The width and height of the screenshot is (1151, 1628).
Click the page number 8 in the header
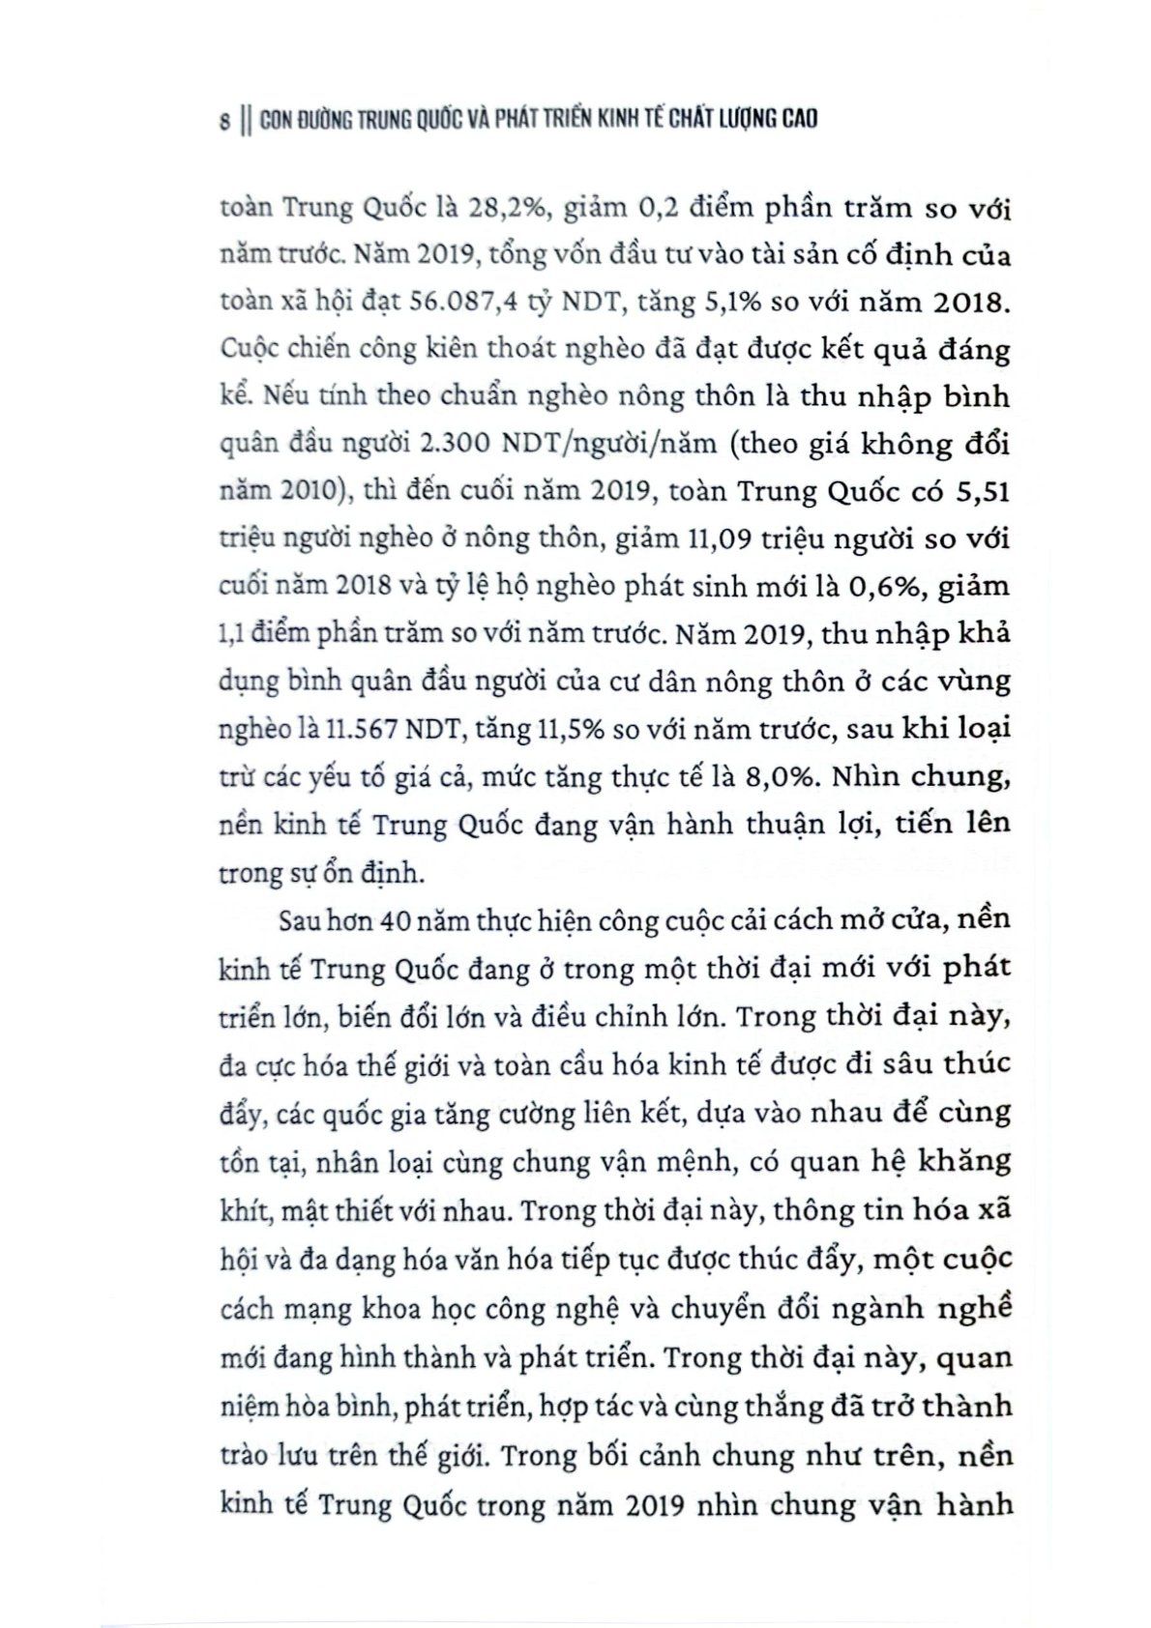(x=224, y=121)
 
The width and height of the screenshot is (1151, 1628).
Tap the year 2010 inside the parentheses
(x=304, y=492)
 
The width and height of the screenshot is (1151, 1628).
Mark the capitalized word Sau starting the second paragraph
(x=300, y=919)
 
